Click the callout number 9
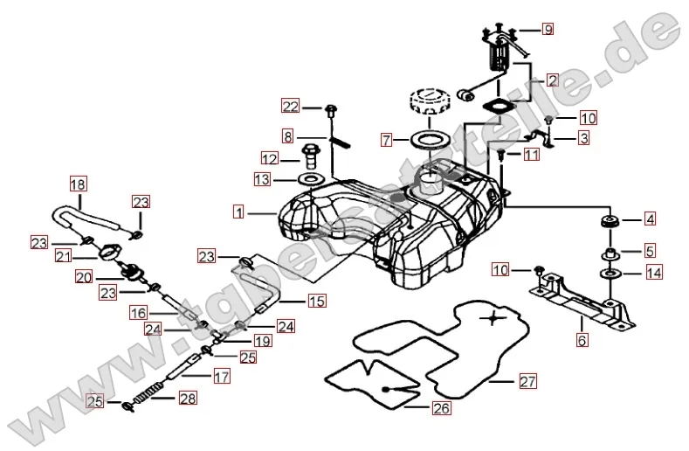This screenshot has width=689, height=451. click(548, 30)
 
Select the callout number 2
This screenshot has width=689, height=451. click(552, 80)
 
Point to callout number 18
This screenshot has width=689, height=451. click(78, 184)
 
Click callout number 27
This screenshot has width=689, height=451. click(527, 381)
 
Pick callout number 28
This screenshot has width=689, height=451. click(188, 399)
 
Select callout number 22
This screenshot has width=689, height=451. click(290, 107)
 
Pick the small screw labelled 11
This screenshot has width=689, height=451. click(503, 154)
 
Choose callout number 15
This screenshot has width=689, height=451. click(315, 302)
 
